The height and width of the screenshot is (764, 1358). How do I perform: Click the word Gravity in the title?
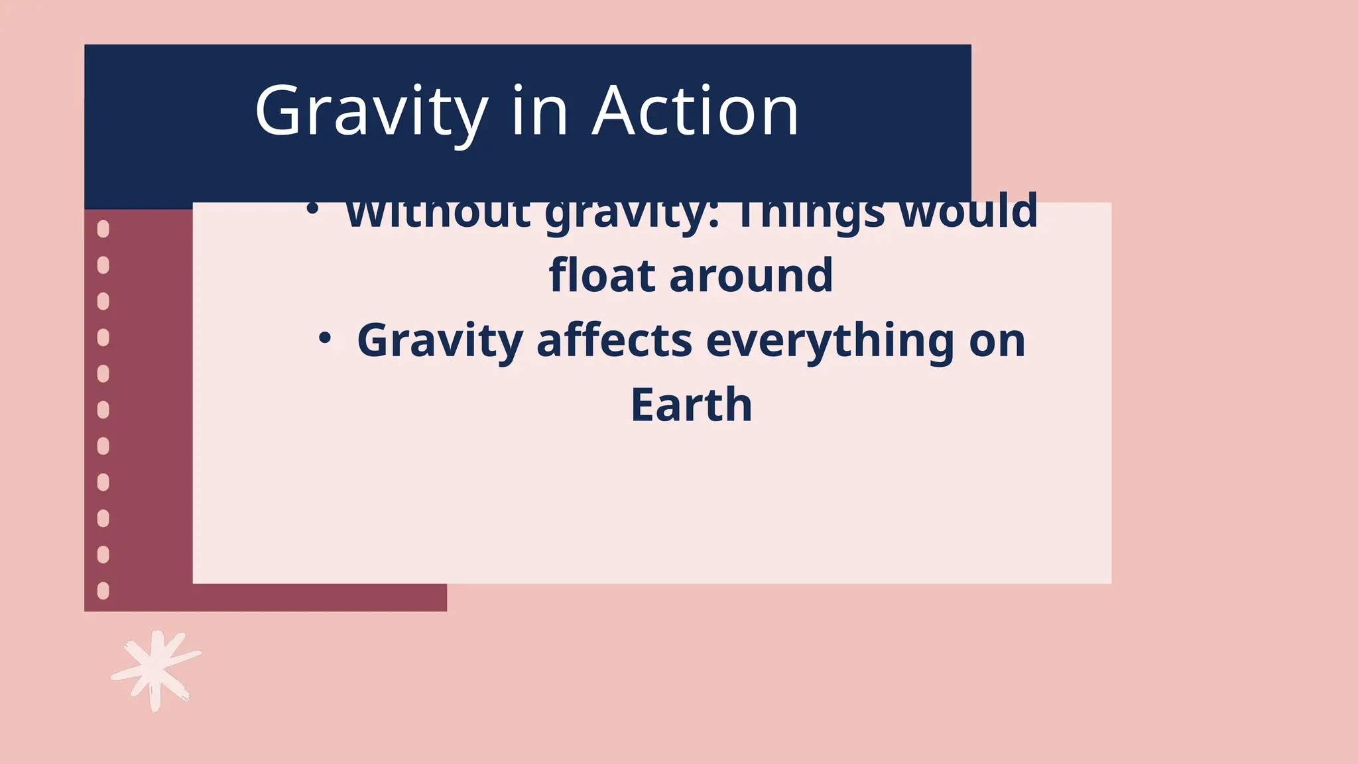tap(371, 111)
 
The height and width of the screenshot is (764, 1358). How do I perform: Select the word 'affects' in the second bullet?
tap(615, 340)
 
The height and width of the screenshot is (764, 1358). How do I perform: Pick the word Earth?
tap(691, 405)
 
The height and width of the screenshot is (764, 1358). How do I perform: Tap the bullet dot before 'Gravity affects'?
tap(324, 339)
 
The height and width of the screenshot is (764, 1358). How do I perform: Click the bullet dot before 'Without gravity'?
tap(312, 209)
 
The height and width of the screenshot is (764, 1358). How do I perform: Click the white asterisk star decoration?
tap(156, 670)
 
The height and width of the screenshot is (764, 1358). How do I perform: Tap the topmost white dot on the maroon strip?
tap(103, 229)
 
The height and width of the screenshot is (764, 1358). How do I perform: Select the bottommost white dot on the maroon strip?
tap(103, 590)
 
